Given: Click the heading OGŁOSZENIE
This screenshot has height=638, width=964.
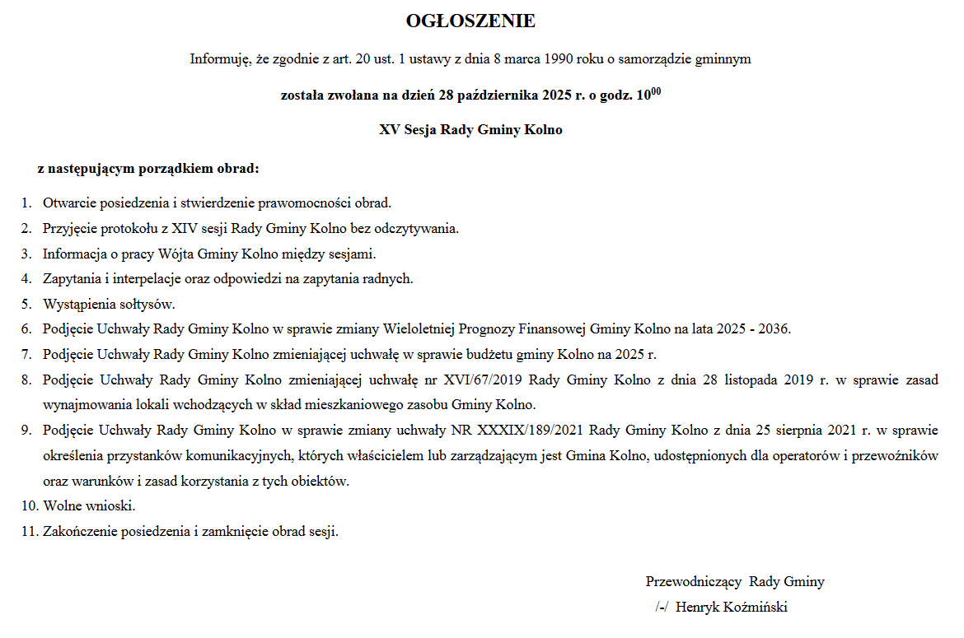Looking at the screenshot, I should tap(470, 21).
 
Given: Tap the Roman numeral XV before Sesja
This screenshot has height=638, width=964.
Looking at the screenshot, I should tap(389, 130).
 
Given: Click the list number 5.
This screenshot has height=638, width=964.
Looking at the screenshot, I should tap(26, 305).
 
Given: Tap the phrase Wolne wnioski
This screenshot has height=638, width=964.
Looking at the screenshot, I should tap(89, 505).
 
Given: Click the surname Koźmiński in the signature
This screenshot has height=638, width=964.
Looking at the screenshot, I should tap(753, 608).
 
